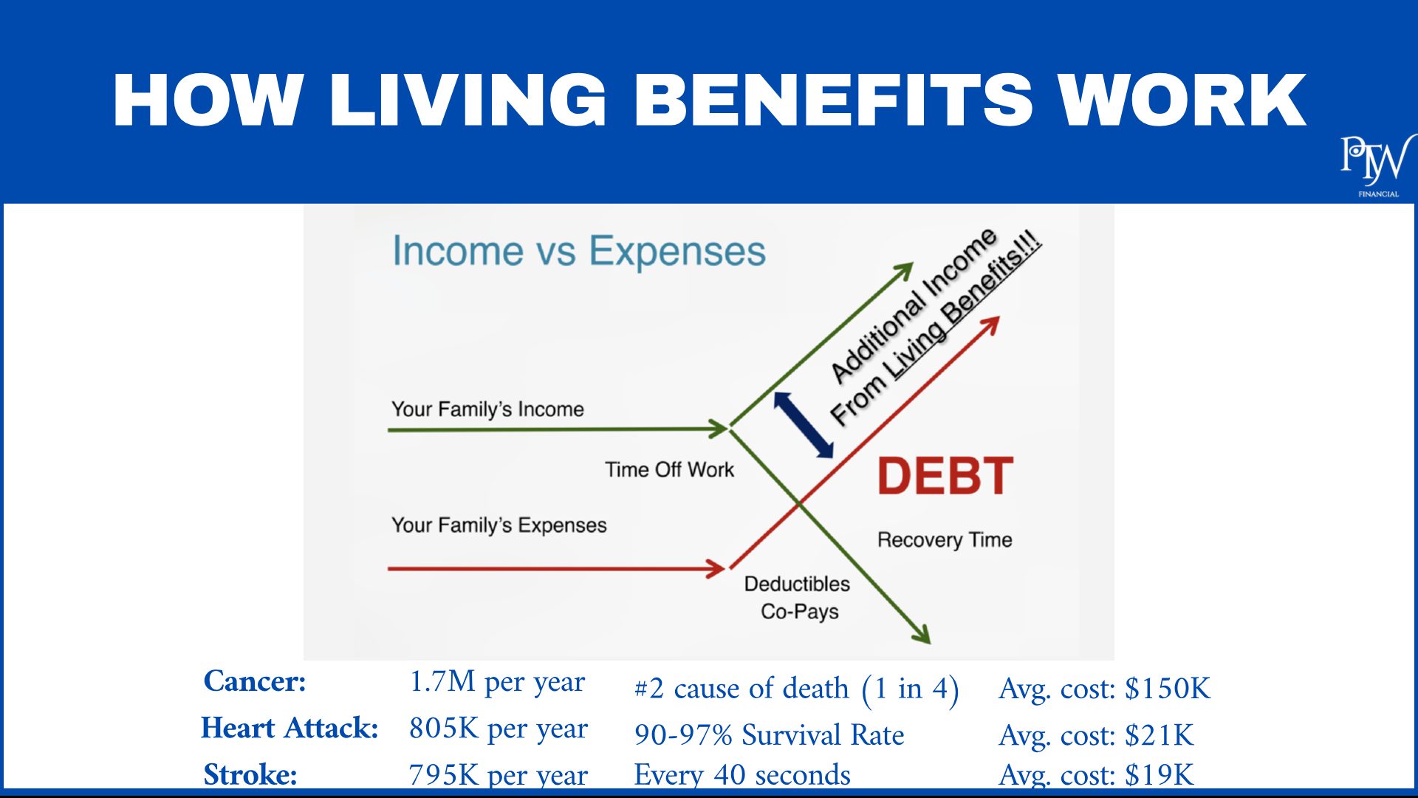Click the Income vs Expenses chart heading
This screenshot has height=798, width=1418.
coord(579,251)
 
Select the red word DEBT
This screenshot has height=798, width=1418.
coord(945,476)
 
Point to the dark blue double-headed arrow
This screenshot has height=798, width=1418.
coord(804,425)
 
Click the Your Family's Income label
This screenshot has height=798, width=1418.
coord(487,409)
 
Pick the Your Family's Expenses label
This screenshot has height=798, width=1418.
coord(499,525)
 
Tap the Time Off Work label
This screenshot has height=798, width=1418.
coord(670,470)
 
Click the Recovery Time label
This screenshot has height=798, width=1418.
coord(945,540)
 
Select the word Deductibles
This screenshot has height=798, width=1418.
coord(797,584)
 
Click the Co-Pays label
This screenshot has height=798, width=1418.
coord(800,612)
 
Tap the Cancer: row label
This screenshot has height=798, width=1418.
coord(255,681)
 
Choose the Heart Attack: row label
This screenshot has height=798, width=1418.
coord(290,728)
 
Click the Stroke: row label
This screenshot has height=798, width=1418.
coord(250,774)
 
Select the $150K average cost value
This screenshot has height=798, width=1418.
coord(1168,689)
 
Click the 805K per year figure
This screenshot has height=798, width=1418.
coord(499,729)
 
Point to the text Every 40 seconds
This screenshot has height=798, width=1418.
coord(742,774)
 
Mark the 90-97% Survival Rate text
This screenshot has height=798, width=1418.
coord(770,735)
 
